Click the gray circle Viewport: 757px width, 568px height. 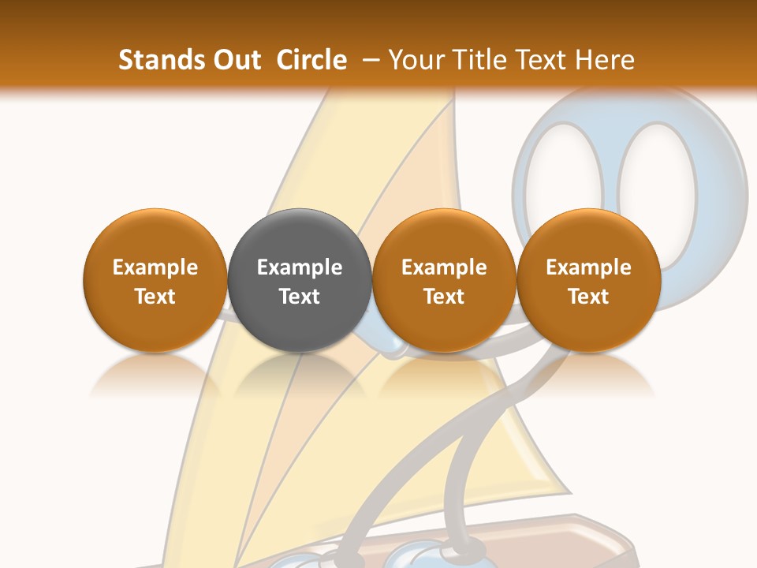point(300,280)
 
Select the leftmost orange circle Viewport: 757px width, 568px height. point(155,280)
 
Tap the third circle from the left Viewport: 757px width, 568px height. point(444,280)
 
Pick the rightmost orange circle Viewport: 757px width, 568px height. point(588,280)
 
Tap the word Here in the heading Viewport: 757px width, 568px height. point(606,60)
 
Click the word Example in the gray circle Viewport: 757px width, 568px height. point(300,267)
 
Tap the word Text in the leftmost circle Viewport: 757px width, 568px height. point(155,297)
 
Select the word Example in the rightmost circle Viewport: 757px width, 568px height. point(588,267)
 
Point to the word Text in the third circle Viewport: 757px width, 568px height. point(444,297)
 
